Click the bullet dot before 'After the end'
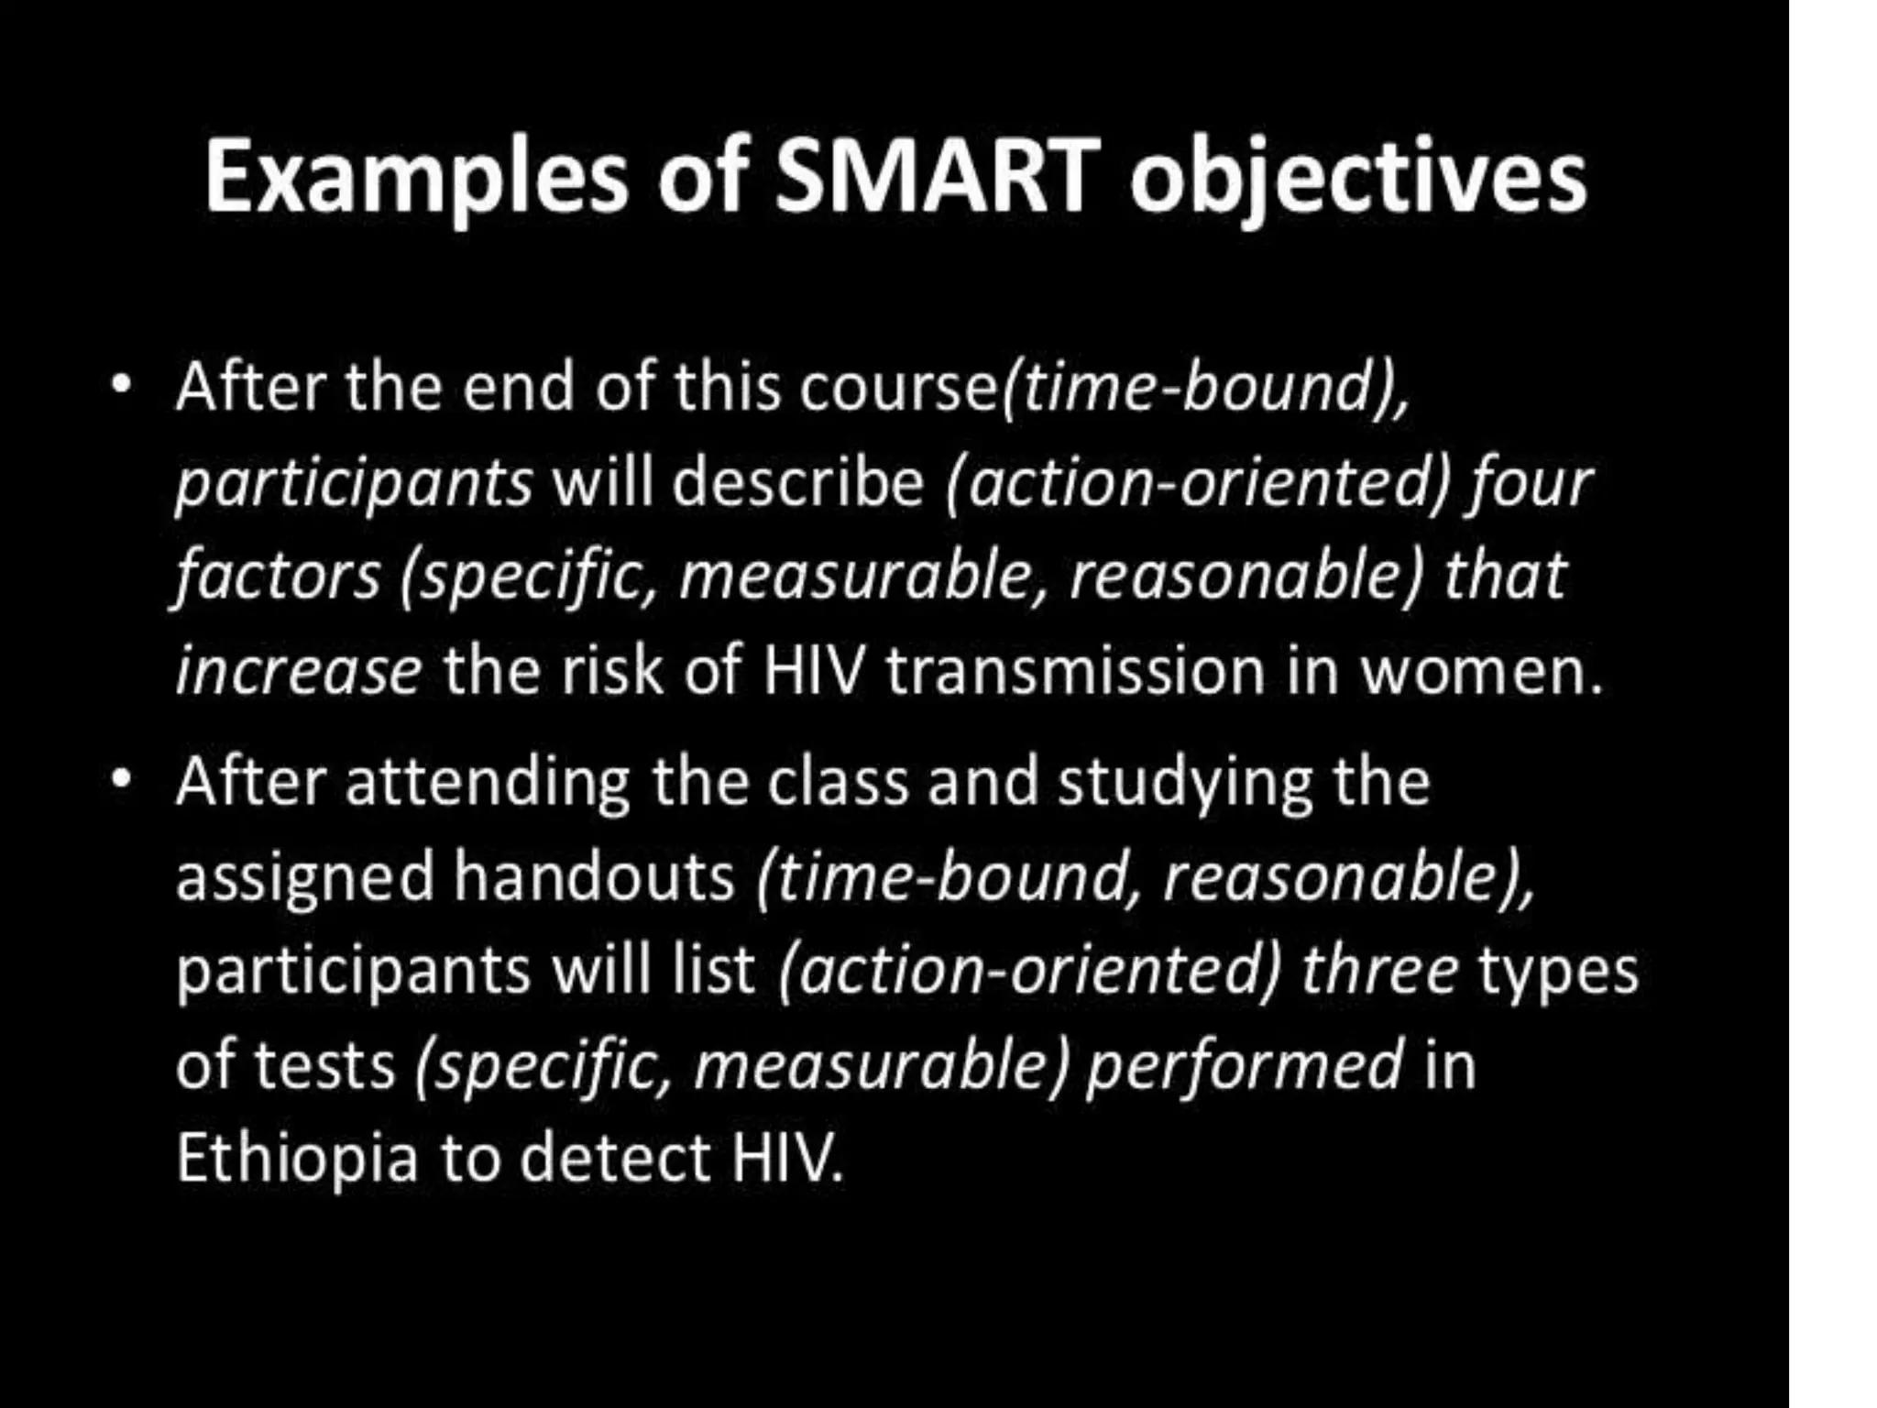(x=120, y=385)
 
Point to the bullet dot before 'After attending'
(x=120, y=781)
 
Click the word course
(x=897, y=388)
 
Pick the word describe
(x=798, y=482)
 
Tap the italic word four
(x=1531, y=482)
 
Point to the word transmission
(x=1075, y=671)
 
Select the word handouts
(x=594, y=877)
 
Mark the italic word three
(x=1379, y=971)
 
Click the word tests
(x=324, y=1065)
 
